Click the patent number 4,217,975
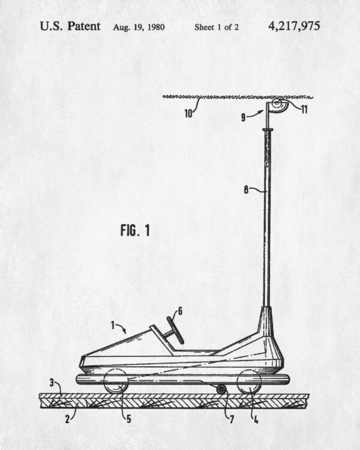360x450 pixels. pyautogui.click(x=294, y=26)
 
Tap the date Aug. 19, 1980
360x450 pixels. pyautogui.click(x=139, y=27)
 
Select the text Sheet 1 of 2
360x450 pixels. pyautogui.click(x=217, y=27)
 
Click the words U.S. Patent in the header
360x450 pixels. pyautogui.click(x=70, y=26)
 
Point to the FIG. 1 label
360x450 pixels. pyautogui.click(x=135, y=230)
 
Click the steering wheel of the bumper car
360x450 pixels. pyautogui.click(x=175, y=330)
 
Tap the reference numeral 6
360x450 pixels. pyautogui.click(x=180, y=311)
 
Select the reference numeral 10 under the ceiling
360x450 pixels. pyautogui.click(x=188, y=113)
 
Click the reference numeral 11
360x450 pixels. pyautogui.click(x=304, y=109)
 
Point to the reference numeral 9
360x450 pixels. pyautogui.click(x=243, y=117)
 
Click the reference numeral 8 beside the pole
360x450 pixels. pyautogui.click(x=247, y=190)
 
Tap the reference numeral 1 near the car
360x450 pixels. pyautogui.click(x=113, y=325)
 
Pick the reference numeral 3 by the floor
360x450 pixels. pyautogui.click(x=52, y=383)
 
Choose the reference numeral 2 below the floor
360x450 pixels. pyautogui.click(x=67, y=419)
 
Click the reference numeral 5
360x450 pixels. pyautogui.click(x=129, y=419)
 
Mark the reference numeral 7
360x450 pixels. pyautogui.click(x=232, y=419)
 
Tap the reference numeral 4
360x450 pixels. pyautogui.click(x=256, y=419)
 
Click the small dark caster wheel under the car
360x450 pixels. pyautogui.click(x=221, y=389)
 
